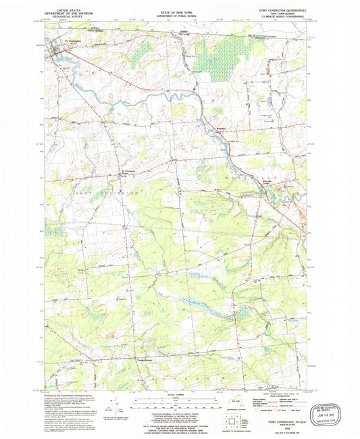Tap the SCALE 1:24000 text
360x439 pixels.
coord(177,394)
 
